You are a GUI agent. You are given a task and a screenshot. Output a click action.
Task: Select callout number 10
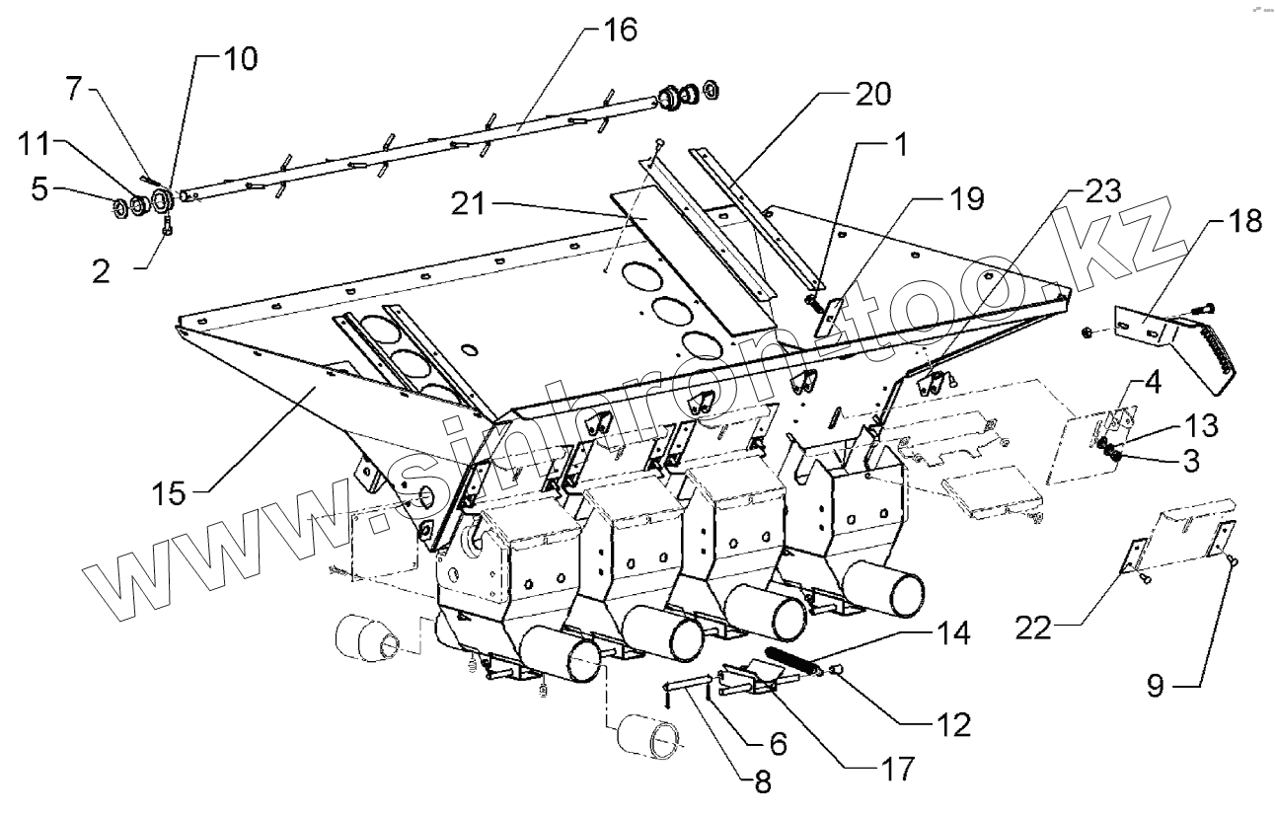(x=235, y=59)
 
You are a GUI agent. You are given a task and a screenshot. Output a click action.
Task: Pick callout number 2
(x=102, y=272)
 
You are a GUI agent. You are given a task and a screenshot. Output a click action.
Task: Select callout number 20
(x=869, y=95)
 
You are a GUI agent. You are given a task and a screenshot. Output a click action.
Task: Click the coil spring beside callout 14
(x=792, y=660)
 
